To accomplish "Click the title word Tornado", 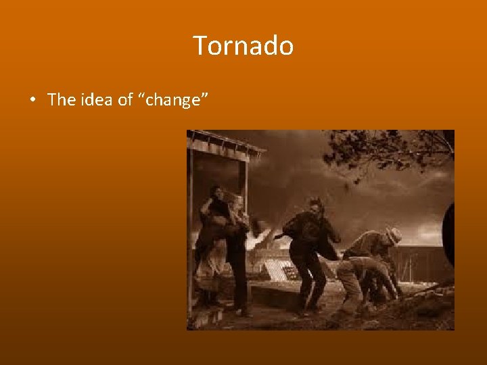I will pyautogui.click(x=243, y=46).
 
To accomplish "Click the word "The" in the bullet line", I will pyautogui.click(x=62, y=100).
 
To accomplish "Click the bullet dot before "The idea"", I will pyautogui.click(x=32, y=101).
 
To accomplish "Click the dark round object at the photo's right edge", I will pyautogui.click(x=448, y=233).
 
